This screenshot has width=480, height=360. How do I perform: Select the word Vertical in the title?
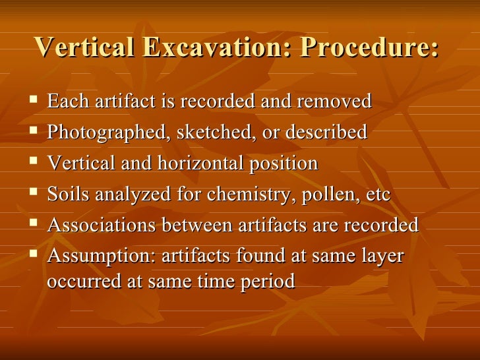point(90,47)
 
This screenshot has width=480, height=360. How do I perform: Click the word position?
point(285,164)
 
